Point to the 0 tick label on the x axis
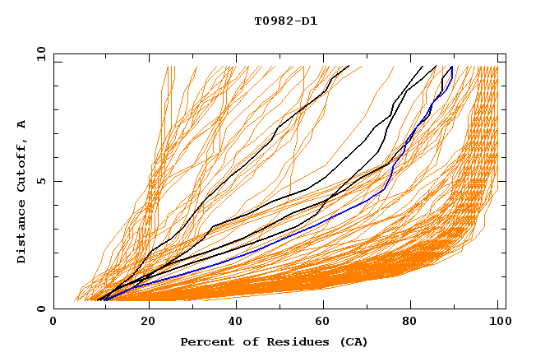coord(53,322)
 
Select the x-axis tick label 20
coord(142,322)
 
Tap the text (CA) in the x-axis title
coord(354,341)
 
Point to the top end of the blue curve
coord(451,67)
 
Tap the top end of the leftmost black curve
coord(349,66)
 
